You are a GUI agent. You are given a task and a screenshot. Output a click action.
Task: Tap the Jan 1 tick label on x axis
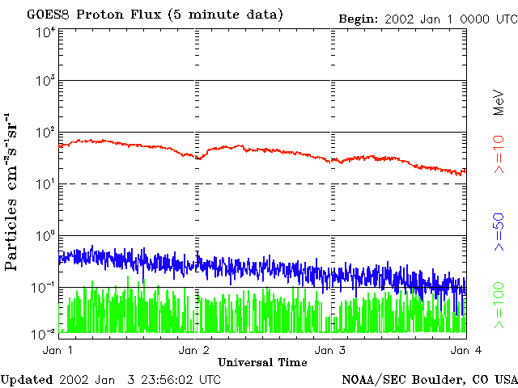pos(57,350)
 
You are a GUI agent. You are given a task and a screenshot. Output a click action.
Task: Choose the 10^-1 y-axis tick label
pos(43,288)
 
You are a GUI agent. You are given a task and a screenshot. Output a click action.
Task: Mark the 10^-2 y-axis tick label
pos(43,333)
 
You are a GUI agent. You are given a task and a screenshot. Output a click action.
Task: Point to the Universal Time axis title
pos(262,361)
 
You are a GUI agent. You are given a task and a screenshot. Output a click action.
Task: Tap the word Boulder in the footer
pos(438,379)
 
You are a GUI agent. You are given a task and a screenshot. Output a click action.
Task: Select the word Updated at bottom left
pos(27,379)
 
